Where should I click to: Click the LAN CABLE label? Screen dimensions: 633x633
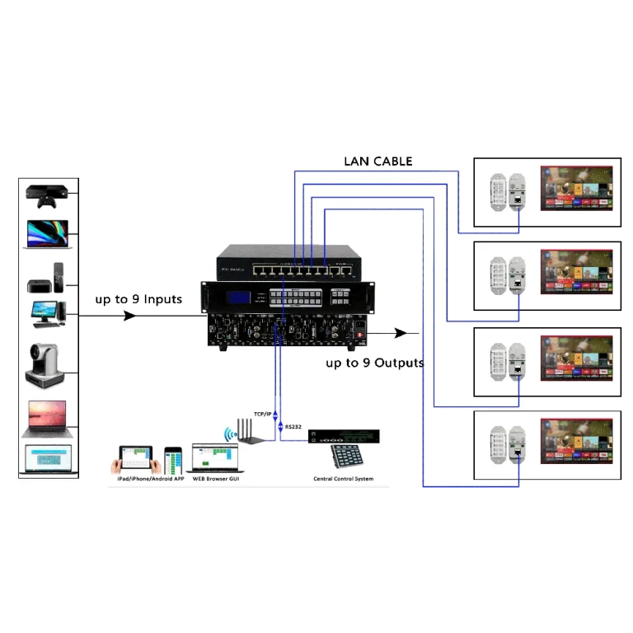pyautogui.click(x=377, y=161)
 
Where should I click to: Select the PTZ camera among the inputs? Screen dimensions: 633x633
pyautogui.click(x=48, y=364)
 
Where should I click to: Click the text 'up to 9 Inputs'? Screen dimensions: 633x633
pyautogui.click(x=138, y=298)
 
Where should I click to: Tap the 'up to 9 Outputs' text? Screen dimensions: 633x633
pyautogui.click(x=374, y=363)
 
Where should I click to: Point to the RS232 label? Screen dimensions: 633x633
pyautogui.click(x=294, y=426)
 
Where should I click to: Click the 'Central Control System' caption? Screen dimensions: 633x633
pyautogui.click(x=343, y=479)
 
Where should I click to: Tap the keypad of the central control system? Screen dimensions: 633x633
pyautogui.click(x=345, y=457)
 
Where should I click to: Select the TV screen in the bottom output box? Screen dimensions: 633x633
pyautogui.click(x=576, y=445)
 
